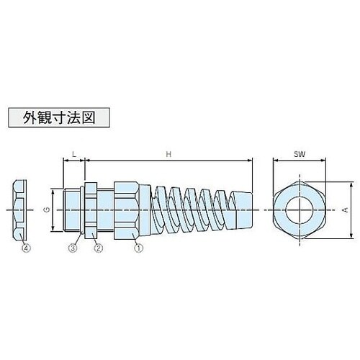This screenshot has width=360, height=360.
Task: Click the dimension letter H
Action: click(x=168, y=155)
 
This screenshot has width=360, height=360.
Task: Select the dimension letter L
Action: click(x=74, y=155)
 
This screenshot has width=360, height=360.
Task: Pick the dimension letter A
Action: click(x=346, y=210)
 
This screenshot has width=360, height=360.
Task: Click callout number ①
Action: click(x=137, y=248)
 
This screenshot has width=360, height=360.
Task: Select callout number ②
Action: click(x=99, y=248)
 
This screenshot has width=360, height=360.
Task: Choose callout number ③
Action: click(x=73, y=248)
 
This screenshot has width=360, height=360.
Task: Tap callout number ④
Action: click(x=27, y=248)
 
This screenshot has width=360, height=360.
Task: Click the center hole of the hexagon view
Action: click(x=298, y=210)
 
